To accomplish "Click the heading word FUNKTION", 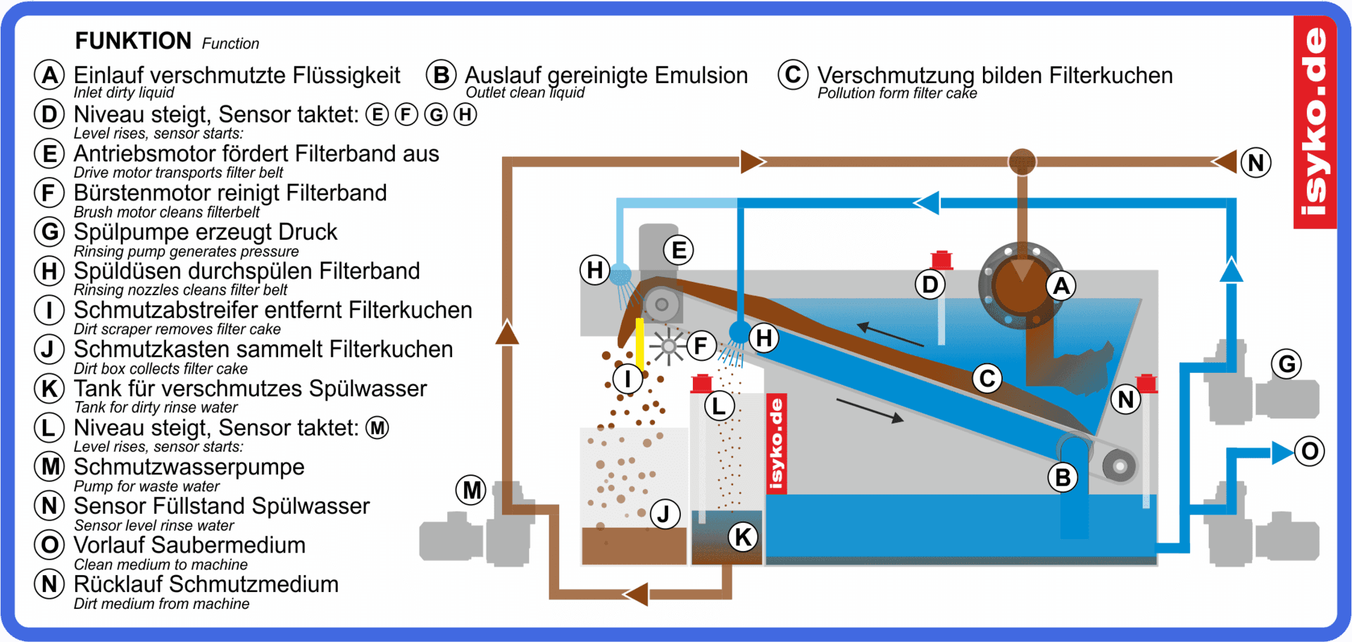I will point(133,41).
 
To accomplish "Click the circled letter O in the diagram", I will point(1310,451).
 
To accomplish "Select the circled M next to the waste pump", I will point(472,490).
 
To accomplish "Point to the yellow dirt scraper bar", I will point(639,343).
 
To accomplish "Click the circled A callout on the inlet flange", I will point(1061,286).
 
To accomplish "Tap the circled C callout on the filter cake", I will point(987,378).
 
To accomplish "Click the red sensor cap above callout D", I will point(941,260).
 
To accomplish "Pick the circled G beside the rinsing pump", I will point(1287,364).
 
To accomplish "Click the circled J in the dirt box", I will point(663,514).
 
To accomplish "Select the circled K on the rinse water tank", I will point(743,537).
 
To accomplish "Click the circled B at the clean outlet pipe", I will point(1063,478).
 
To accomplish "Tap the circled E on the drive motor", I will point(679,250).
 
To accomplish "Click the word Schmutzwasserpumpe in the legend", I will point(189,467).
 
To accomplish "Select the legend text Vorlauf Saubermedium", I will point(189,545).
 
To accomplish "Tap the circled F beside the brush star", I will point(701,345).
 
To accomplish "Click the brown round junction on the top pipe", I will point(1022,161).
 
